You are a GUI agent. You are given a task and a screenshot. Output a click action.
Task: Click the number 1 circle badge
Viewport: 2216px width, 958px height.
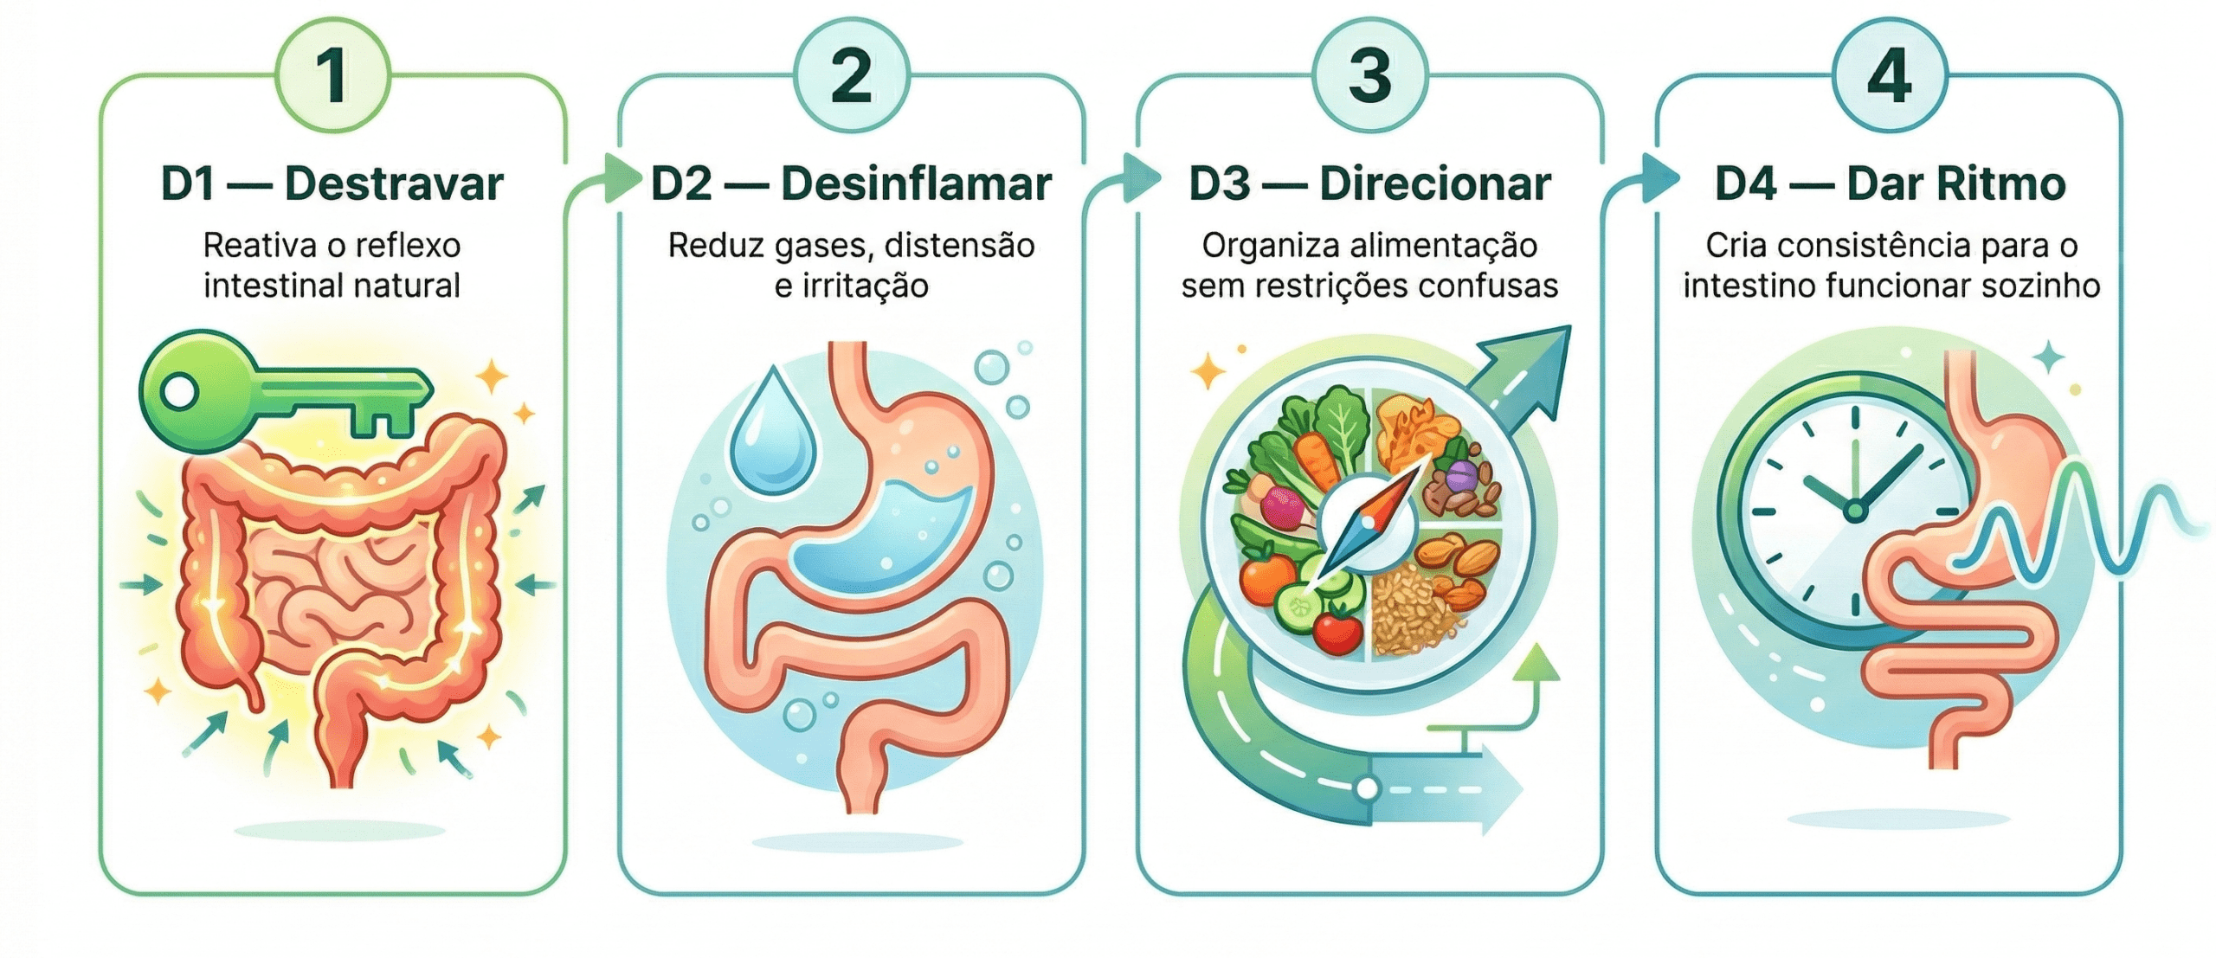(332, 75)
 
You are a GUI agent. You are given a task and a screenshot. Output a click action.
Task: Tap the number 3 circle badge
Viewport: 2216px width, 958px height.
(1369, 75)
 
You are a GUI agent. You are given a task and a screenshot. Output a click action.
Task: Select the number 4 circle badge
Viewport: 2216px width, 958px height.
(1890, 75)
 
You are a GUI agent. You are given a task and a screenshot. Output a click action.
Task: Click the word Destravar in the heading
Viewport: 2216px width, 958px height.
(394, 184)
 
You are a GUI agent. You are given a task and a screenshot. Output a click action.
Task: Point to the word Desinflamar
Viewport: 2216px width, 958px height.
(916, 184)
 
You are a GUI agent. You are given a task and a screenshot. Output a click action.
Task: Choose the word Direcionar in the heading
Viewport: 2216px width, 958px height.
(1434, 184)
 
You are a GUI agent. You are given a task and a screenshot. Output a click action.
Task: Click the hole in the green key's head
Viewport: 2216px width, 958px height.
(179, 392)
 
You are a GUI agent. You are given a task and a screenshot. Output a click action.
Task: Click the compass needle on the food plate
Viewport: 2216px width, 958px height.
(1368, 523)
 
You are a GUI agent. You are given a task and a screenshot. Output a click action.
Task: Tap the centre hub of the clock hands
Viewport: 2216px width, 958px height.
(1853, 511)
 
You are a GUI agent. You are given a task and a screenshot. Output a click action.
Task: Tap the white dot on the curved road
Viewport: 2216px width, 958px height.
(1367, 788)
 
